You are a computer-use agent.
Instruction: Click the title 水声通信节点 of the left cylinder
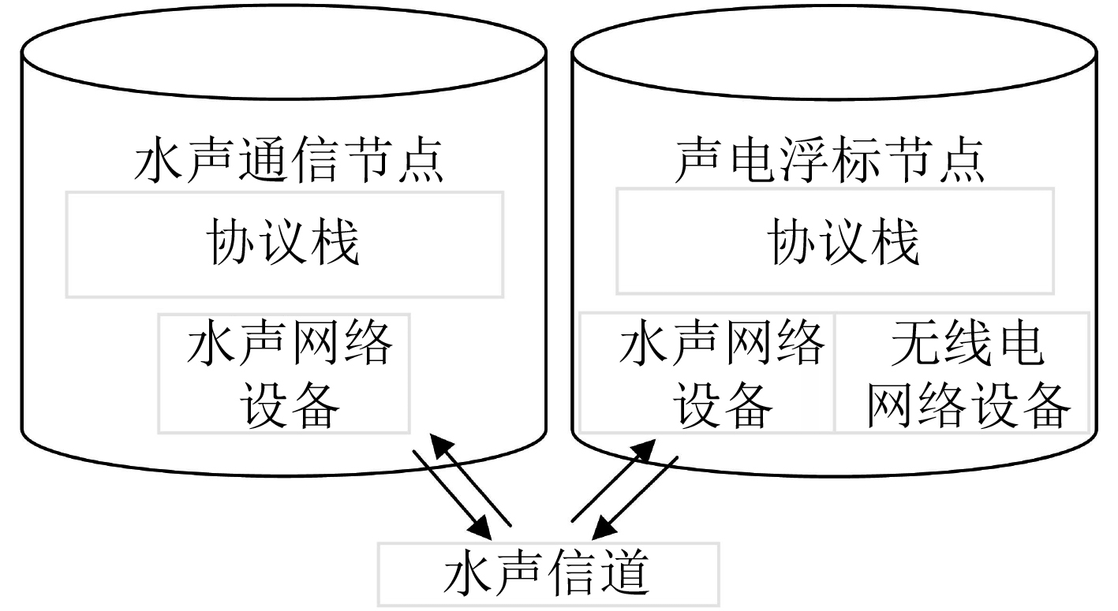pos(289,160)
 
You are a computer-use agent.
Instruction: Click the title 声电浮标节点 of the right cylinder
pos(829,160)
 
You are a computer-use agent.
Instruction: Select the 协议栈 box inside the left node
pos(285,244)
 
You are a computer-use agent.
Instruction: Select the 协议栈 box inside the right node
pos(835,241)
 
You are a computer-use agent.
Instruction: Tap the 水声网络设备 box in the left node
pos(284,374)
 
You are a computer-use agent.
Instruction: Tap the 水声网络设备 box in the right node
pos(707,372)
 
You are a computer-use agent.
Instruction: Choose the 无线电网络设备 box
pos(962,372)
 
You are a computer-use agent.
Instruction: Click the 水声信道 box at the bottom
pos(548,575)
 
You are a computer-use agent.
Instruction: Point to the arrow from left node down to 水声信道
pos(452,495)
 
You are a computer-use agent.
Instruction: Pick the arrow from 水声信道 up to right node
pos(613,480)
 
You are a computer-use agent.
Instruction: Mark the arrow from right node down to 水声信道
pos(634,497)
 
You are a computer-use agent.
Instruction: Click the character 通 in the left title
pos(263,160)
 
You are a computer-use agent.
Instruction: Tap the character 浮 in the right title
pos(803,160)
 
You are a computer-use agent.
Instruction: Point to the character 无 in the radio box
pos(914,344)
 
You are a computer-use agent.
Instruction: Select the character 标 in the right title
pos(856,160)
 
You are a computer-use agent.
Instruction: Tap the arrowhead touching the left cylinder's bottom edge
pos(442,446)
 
